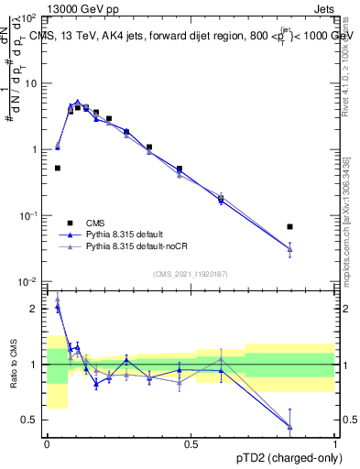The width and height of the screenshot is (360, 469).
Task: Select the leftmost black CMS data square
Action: pos(58,168)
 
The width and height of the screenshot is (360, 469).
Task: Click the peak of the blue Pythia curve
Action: pos(78,103)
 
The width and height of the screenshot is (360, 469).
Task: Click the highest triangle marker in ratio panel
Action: pos(58,298)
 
